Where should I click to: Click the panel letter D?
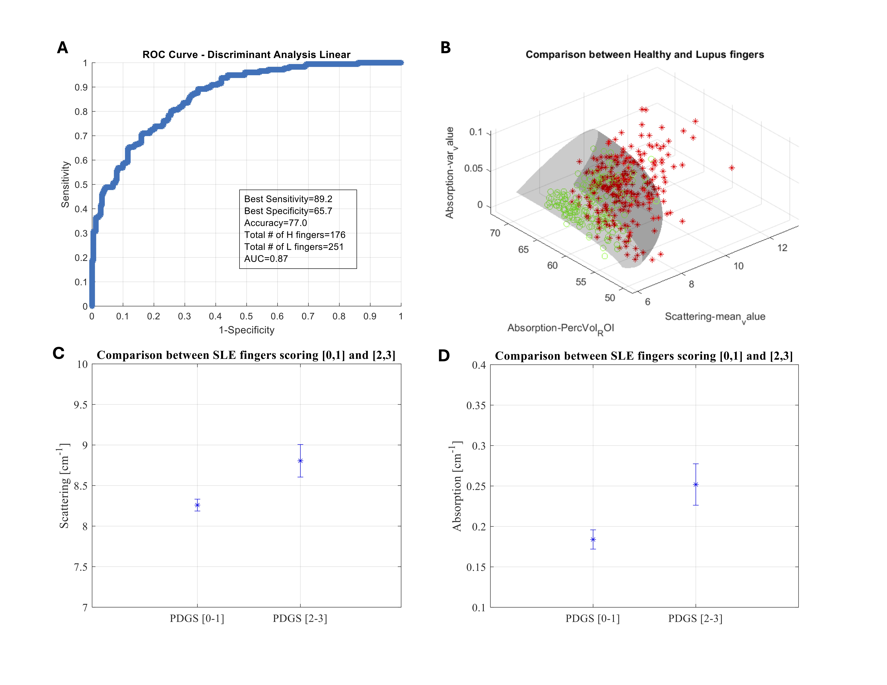point(444,356)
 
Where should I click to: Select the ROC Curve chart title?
point(246,55)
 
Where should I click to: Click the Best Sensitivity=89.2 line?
point(288,199)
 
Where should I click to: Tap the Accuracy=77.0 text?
point(275,223)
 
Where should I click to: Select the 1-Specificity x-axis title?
point(246,330)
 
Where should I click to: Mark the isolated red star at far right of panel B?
point(732,168)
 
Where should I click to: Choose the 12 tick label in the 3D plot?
point(782,248)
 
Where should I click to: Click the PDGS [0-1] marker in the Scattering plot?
point(197,505)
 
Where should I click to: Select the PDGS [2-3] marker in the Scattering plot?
point(301,461)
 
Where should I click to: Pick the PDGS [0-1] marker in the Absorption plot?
point(593,539)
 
